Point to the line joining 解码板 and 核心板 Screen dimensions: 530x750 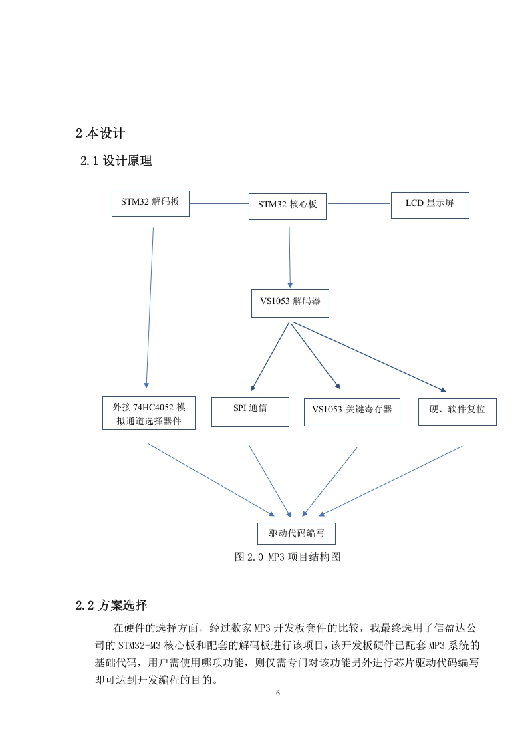(x=219, y=203)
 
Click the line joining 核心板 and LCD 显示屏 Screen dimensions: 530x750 (x=359, y=203)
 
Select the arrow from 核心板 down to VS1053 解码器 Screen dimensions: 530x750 (x=290, y=258)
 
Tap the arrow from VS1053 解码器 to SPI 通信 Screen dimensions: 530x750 (x=270, y=356)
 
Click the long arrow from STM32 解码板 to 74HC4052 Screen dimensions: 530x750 (x=150, y=308)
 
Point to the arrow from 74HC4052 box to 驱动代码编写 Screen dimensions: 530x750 (x=211, y=480)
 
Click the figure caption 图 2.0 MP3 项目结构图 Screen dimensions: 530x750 (x=287, y=557)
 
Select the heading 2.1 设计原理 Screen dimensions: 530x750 (x=116, y=160)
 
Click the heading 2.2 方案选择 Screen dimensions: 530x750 (x=112, y=605)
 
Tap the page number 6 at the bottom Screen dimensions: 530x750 (x=278, y=693)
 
